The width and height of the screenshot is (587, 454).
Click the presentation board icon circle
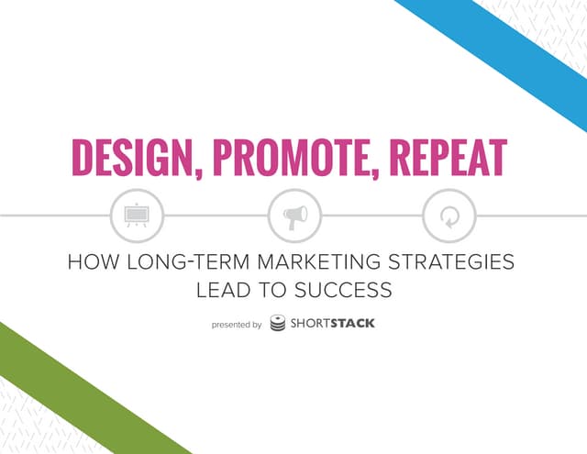coord(137,216)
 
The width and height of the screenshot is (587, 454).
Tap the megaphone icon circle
coord(294,216)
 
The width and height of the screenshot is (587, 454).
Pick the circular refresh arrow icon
coord(449,216)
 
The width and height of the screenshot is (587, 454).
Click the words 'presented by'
coord(236,324)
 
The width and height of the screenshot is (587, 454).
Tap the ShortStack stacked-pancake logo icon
coord(278,323)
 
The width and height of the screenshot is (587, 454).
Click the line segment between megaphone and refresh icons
coord(371,216)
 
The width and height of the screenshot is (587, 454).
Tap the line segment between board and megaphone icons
coord(216,216)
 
